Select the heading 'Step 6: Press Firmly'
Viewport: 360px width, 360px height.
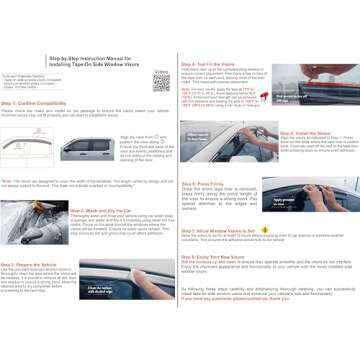pos(204,183)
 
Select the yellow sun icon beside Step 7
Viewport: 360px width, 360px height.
pos(264,229)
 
